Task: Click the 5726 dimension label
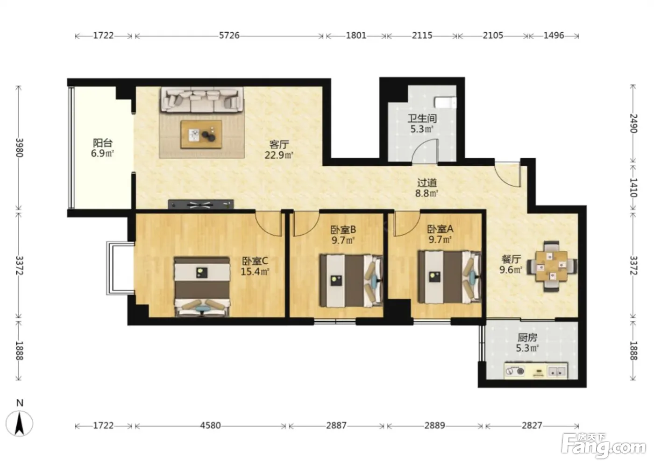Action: coord(229,35)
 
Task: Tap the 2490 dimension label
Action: coord(633,124)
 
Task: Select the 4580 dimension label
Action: coord(210,426)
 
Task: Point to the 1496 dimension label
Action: coord(554,35)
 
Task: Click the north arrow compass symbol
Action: coord(19,423)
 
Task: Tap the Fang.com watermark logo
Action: coord(603,448)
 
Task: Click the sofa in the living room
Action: coord(202,100)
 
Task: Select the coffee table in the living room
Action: coord(201,134)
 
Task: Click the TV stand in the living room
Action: coord(201,204)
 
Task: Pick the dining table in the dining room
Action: coord(552,266)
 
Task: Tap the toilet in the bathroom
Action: coord(445,102)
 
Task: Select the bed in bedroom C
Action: coord(202,287)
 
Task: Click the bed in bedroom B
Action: coord(351,281)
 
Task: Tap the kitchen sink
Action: coord(557,372)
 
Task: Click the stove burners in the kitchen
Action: coord(515,371)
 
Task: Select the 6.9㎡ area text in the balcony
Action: coord(102,154)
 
